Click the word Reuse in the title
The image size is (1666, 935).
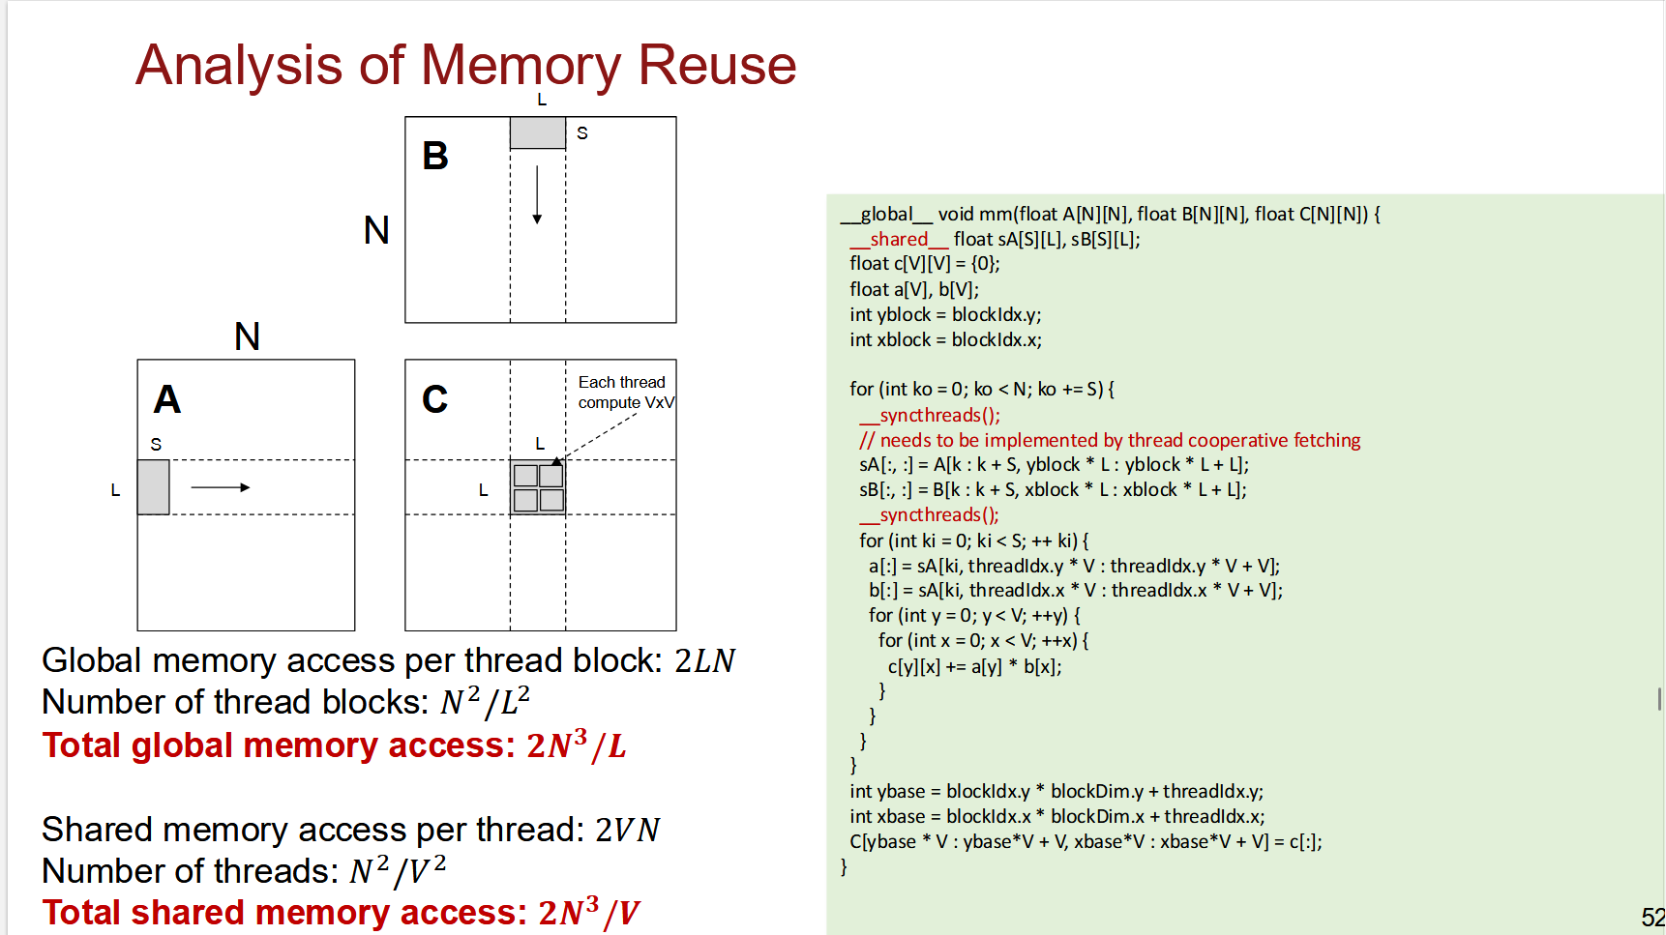(717, 66)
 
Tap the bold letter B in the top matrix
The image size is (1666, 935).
(435, 156)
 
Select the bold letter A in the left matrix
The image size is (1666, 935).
(167, 399)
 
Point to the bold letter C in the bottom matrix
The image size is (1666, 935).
(435, 399)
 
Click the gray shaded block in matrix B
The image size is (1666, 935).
(538, 133)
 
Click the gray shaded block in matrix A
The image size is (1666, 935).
(154, 487)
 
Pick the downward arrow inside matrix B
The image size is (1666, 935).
(537, 194)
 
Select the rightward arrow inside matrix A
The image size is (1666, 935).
(221, 487)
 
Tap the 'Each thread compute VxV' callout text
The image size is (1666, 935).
(626, 393)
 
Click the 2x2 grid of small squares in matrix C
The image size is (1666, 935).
(539, 487)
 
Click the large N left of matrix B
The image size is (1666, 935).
(376, 230)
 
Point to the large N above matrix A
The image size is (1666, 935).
(248, 336)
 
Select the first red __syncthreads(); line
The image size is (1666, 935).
(930, 415)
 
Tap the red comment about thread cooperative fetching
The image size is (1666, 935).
(1110, 440)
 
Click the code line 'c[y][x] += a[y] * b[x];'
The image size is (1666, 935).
(974, 666)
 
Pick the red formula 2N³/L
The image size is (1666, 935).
(577, 745)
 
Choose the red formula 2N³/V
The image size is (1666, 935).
(589, 912)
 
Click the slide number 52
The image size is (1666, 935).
(1652, 918)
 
